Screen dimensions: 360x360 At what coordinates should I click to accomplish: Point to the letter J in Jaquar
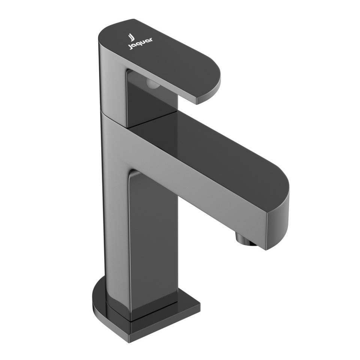point(130,47)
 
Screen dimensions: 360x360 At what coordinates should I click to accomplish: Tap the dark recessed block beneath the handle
point(150,105)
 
